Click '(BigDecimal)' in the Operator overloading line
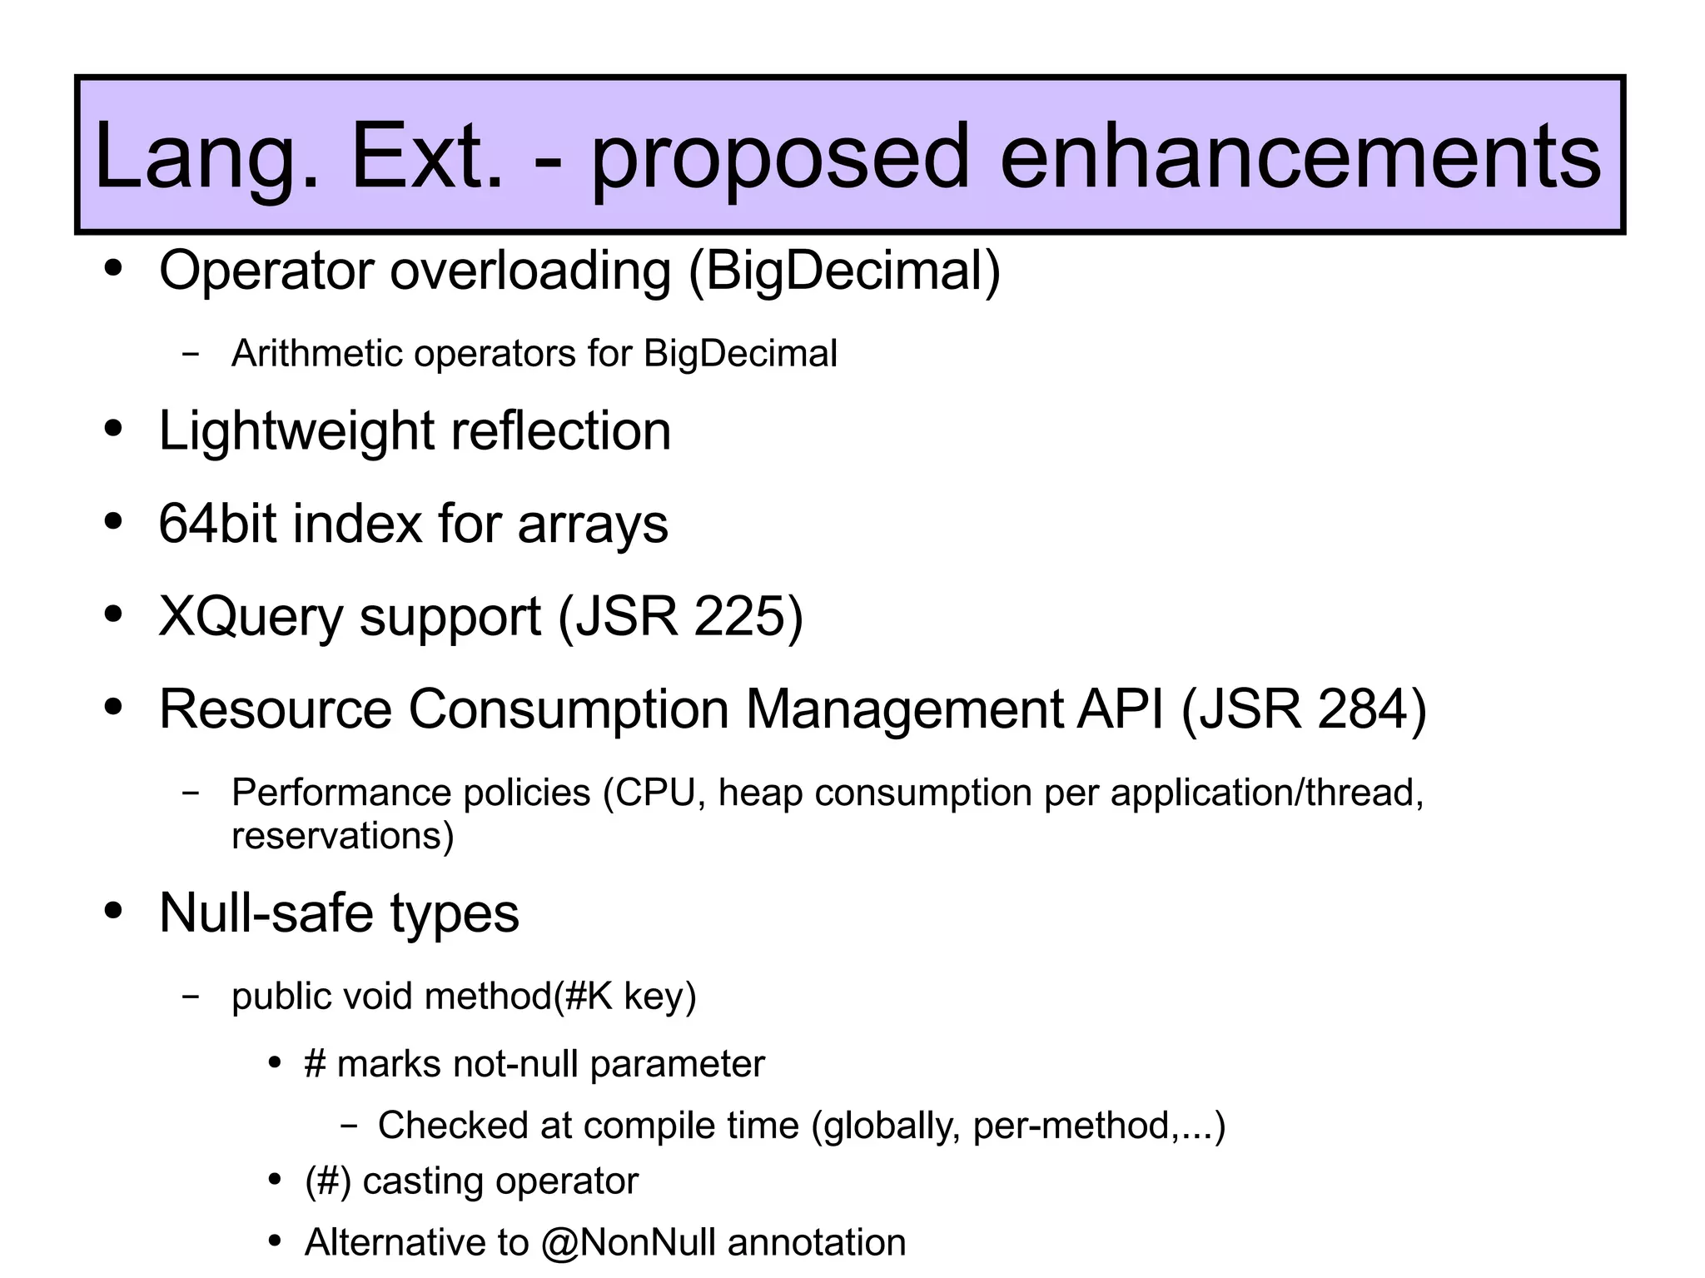[844, 272]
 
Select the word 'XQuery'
[251, 618]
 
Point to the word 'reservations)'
[342, 836]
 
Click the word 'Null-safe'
[266, 913]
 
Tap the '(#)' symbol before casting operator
[327, 1181]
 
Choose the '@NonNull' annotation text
[628, 1242]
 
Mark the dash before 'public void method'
[191, 996]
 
